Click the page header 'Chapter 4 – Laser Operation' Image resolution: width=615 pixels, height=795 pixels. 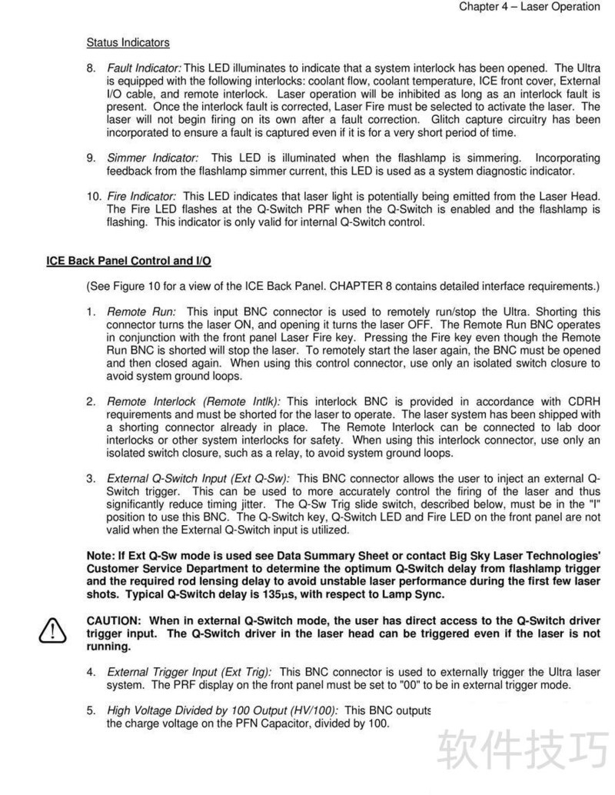point(529,7)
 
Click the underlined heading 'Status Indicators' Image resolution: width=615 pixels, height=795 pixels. point(128,42)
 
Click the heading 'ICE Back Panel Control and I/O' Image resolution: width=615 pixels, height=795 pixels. point(129,261)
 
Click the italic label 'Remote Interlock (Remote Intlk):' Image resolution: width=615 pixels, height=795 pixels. point(194,401)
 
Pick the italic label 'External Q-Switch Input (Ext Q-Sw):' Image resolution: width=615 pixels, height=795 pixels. point(198,478)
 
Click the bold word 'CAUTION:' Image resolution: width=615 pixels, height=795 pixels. point(114,620)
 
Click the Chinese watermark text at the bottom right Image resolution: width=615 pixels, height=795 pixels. point(522,749)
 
